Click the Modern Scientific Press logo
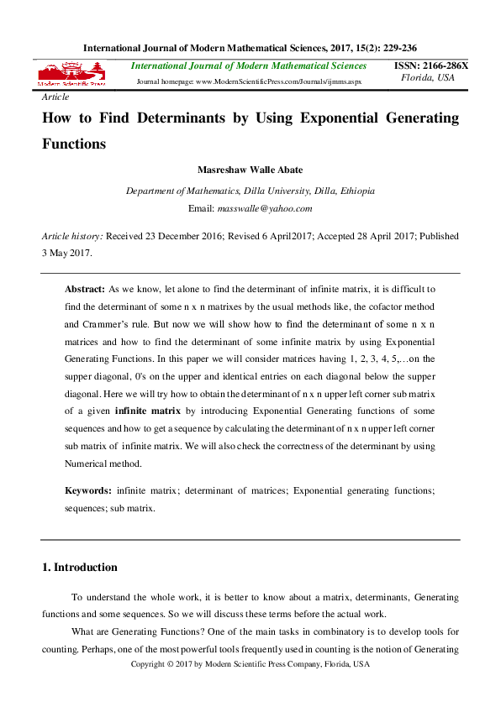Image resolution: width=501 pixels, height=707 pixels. (x=71, y=75)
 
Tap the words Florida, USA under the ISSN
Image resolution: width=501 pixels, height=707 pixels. (x=428, y=77)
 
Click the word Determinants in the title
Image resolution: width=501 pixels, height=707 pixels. (x=179, y=118)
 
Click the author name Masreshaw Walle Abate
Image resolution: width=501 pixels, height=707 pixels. (x=250, y=170)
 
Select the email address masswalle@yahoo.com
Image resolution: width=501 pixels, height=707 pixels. (x=264, y=208)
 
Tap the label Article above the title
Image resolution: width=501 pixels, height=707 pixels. (x=55, y=97)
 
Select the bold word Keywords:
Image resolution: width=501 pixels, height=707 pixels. (x=88, y=489)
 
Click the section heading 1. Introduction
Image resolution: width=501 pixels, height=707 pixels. (x=79, y=568)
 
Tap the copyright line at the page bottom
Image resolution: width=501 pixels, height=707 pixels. (x=250, y=664)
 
